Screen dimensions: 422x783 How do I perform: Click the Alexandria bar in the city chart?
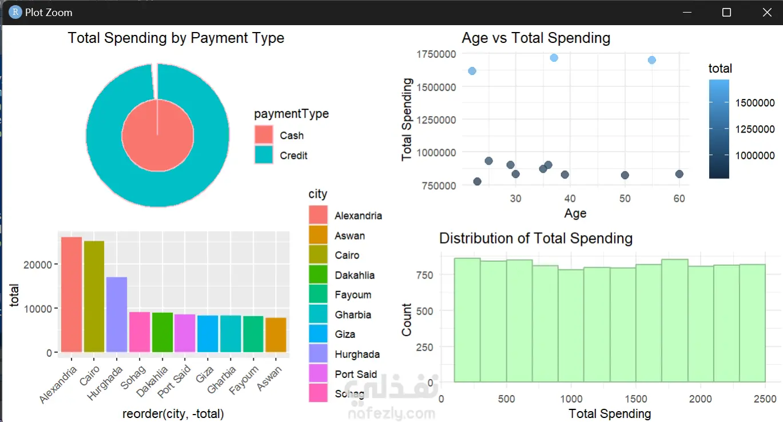[71, 294]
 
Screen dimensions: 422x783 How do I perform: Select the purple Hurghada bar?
[117, 314]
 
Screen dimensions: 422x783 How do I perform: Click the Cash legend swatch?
[264, 136]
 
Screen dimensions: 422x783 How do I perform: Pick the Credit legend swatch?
[264, 156]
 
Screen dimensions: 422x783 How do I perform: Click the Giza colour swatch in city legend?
[318, 335]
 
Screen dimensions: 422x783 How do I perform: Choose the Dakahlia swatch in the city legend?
[318, 275]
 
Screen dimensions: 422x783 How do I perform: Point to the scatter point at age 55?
[651, 60]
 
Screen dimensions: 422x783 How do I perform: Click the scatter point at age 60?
[679, 174]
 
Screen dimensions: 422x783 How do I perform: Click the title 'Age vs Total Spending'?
[536, 38]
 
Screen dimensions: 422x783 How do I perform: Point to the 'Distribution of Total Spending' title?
[536, 238]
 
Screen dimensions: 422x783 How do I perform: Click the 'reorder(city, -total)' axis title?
[173, 414]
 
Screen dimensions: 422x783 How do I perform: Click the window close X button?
[766, 12]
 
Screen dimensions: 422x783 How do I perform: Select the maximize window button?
[726, 12]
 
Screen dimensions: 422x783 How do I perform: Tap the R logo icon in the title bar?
[15, 12]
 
